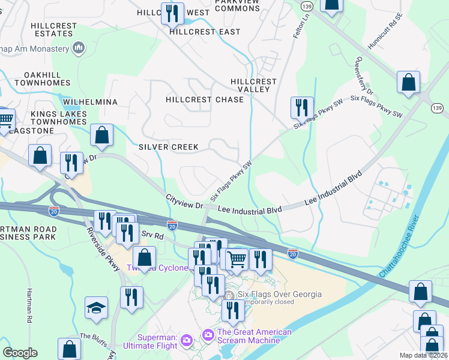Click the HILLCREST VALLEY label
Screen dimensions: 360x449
click(x=253, y=85)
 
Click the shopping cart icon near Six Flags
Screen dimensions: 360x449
click(x=237, y=259)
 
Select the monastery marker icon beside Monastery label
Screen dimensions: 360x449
click(x=79, y=47)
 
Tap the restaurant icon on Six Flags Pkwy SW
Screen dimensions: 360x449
click(x=301, y=107)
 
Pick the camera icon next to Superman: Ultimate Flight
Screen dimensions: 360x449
click(x=186, y=341)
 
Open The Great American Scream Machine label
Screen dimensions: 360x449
click(x=254, y=336)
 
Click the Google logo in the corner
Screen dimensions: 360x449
click(x=20, y=353)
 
